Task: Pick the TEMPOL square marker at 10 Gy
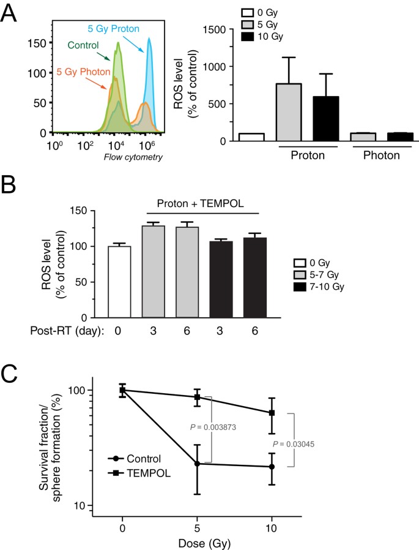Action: (272, 413)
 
